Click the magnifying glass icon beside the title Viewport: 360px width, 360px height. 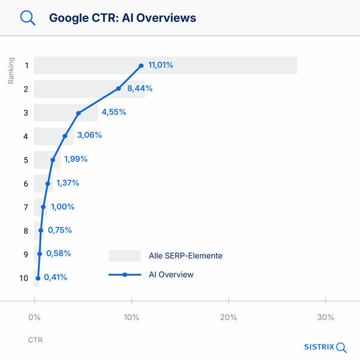pos(27,17)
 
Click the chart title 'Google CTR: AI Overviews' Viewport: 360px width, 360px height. pos(123,18)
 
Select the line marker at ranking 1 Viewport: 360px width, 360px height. pos(141,65)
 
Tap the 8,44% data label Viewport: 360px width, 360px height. pos(140,89)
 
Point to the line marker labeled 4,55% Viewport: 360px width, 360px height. pos(78,112)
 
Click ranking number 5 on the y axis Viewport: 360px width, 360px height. pos(26,160)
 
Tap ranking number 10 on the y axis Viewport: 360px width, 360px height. pos(24,278)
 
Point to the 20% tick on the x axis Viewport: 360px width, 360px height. pos(228,317)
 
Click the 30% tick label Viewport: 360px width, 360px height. pos(325,317)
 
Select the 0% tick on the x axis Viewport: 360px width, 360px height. pos(34,317)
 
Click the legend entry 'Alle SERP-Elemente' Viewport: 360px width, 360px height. pos(186,256)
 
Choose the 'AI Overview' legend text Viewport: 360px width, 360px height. pos(171,274)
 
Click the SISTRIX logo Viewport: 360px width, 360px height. pos(325,347)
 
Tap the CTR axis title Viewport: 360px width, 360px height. pos(35,340)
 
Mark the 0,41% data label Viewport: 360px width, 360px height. pos(55,277)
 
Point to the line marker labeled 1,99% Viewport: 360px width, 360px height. pos(53,159)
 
